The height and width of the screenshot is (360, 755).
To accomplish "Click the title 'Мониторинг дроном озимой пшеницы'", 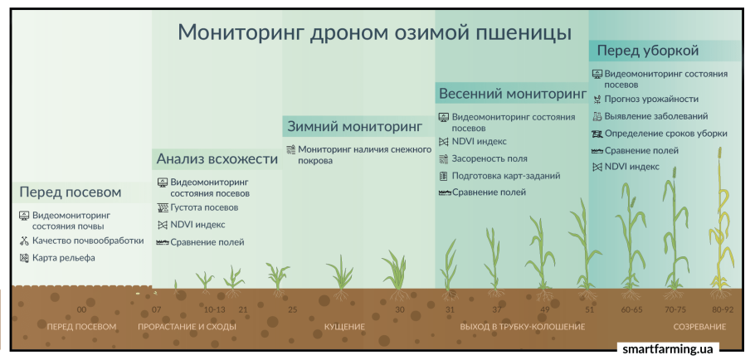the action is tap(375, 32).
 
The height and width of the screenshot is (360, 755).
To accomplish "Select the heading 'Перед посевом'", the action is tap(71, 192).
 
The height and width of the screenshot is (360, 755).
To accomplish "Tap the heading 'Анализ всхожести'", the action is tap(217, 158).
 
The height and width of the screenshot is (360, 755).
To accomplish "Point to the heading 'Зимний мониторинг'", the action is tap(355, 127).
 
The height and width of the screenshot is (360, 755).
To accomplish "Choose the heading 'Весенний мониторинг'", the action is tap(513, 93).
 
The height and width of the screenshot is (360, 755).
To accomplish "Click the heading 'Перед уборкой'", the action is tap(648, 50).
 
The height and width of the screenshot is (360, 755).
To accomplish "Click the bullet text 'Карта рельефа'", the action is tap(64, 258).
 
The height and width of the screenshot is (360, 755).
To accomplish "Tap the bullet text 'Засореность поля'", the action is tap(490, 158).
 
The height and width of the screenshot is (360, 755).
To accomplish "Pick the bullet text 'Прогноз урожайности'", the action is tap(651, 100).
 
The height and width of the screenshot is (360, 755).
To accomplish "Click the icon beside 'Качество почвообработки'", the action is tap(24, 241).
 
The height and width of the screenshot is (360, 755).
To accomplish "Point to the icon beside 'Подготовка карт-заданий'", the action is tap(444, 176).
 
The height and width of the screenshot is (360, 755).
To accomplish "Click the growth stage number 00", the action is tap(82, 309).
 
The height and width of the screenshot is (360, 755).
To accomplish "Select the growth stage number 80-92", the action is tap(723, 309).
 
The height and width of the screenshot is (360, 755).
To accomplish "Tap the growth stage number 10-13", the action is tap(214, 309).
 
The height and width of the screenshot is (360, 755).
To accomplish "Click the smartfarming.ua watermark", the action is tap(666, 348).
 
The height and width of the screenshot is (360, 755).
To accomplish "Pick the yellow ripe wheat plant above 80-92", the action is tap(721, 226).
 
